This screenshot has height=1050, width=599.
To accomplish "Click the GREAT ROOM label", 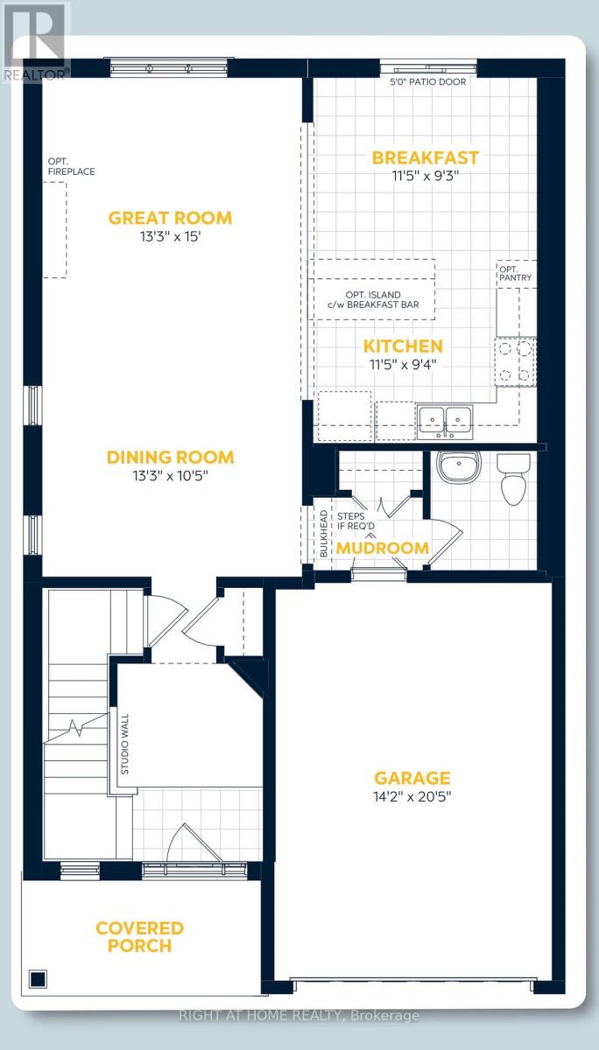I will pos(170,218).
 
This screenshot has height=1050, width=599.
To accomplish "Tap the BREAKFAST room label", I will pos(426,157).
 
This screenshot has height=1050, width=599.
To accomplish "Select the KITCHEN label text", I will pos(405,346).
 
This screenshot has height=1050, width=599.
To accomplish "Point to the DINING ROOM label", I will pos(170,457).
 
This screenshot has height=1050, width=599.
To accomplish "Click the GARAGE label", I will pos(412,777).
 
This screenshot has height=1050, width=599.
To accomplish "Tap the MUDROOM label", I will pos(383,549).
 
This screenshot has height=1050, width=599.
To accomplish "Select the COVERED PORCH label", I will pos(140,936).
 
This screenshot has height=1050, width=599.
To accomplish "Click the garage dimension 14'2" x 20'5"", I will pos(412,796).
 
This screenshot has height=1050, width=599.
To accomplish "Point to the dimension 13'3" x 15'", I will pos(170,236).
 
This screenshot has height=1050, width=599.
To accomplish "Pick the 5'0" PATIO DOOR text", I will pos(428,82).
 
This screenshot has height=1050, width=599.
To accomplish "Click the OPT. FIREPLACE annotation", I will pos(71,166).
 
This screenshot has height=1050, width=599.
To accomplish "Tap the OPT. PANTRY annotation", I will pos(515,273).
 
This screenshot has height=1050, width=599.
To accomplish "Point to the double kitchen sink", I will pos(445,419).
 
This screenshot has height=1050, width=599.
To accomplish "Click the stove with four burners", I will pos(516,361).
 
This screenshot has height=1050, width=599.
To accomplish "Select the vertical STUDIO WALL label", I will pos(125,746).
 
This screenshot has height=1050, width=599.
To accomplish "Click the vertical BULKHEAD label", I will pos(323,535).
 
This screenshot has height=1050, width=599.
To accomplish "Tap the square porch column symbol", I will pos(38,978).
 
